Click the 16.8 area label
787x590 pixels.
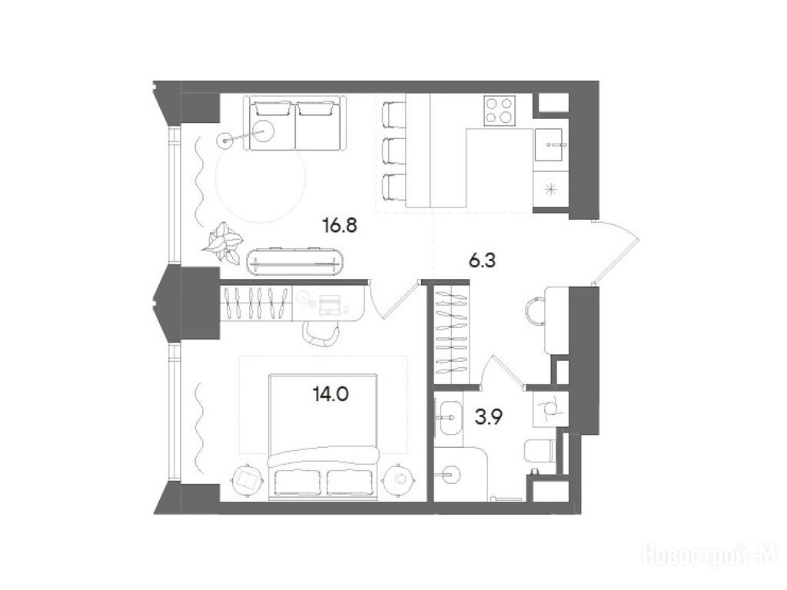point(340,227)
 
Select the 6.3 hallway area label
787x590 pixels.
point(483,261)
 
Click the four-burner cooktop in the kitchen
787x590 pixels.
point(500,111)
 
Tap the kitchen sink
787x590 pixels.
point(550,144)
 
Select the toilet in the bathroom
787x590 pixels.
point(539,450)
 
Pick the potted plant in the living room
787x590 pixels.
point(222,243)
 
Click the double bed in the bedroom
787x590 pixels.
point(323,436)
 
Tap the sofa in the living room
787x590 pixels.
point(295,124)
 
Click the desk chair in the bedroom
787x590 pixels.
point(322,333)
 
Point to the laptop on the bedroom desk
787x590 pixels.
point(329,304)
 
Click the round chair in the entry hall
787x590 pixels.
point(535,310)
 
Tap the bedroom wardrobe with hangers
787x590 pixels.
point(257,303)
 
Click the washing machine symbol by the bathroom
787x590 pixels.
point(550,407)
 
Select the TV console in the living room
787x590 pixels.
point(296,261)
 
